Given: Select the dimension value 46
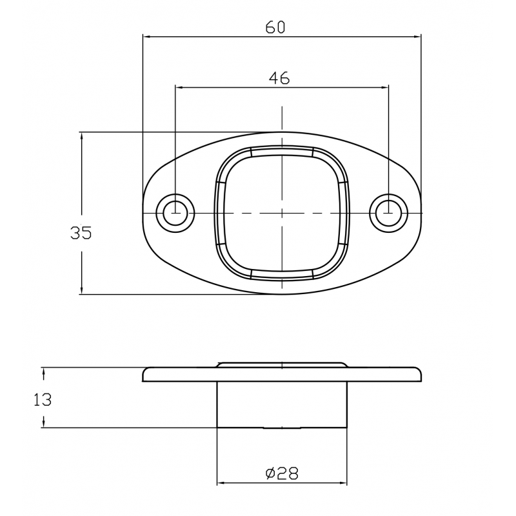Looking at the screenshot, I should [x=279, y=78].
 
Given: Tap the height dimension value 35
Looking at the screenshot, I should [x=81, y=233].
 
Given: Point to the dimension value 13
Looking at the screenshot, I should [x=43, y=400].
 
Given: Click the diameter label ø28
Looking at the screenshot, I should [x=281, y=473].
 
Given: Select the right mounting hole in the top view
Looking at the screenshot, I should [x=388, y=212].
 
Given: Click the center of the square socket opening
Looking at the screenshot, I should [x=282, y=213].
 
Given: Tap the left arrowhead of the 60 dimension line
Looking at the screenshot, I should [x=146, y=37].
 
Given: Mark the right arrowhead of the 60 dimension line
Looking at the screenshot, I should [x=417, y=37].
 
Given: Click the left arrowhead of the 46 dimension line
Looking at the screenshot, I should [x=179, y=87].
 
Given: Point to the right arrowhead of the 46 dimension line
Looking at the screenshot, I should [x=385, y=87].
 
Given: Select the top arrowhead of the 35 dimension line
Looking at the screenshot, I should [x=81, y=136].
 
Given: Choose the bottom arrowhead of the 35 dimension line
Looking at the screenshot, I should [x=81, y=291].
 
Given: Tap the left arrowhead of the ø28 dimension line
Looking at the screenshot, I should [x=220, y=483].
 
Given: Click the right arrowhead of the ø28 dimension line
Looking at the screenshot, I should [x=344, y=483].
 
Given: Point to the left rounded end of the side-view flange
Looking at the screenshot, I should [x=146, y=375].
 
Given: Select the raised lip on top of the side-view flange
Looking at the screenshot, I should [x=282, y=364].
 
